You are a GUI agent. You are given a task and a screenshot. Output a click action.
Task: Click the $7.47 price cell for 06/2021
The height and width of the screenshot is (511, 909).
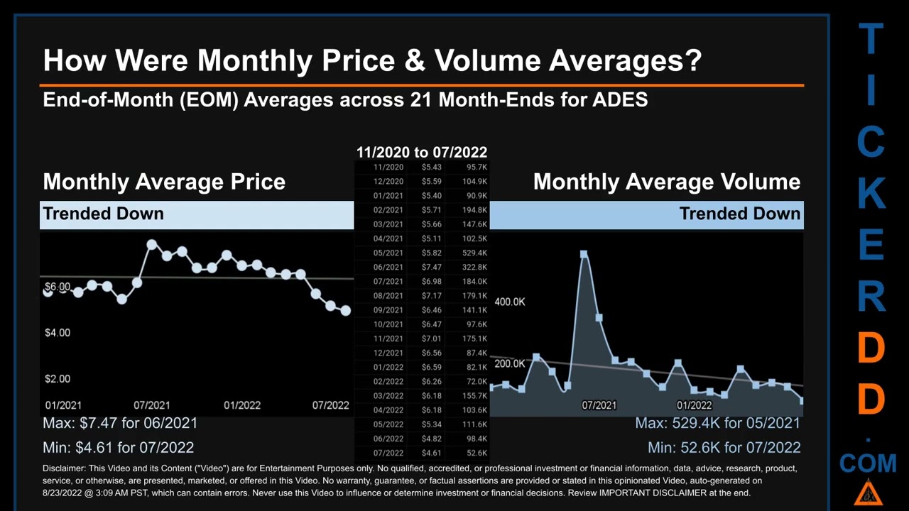pos(431,268)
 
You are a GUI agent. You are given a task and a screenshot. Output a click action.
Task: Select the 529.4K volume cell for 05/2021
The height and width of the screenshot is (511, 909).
pos(474,253)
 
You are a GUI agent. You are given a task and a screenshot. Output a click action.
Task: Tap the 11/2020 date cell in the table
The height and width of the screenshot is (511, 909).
pos(388,167)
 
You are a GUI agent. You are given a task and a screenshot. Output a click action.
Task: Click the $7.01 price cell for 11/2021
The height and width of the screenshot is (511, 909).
pos(431,339)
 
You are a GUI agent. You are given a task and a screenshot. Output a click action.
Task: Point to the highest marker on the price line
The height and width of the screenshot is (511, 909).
pos(151,245)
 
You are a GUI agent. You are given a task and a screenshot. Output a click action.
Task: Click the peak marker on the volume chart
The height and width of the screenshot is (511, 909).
pos(584,254)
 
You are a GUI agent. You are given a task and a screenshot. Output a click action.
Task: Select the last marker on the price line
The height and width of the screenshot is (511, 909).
pos(345,311)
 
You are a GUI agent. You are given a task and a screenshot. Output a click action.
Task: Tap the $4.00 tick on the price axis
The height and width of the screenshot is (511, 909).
pos(58,333)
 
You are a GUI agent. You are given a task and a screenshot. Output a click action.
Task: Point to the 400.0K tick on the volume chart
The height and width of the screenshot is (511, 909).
pos(510,302)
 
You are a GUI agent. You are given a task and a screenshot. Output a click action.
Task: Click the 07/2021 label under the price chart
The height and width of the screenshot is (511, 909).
pos(151,405)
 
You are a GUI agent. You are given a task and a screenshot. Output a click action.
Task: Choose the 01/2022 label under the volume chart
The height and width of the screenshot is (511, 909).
pos(694,405)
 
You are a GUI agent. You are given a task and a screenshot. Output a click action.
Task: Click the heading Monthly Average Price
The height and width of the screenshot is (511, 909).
pos(164,182)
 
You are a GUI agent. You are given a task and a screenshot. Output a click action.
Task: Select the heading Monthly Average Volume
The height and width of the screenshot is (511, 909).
pos(666,182)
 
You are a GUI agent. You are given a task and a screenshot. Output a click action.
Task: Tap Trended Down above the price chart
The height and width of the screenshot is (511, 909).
pos(103,214)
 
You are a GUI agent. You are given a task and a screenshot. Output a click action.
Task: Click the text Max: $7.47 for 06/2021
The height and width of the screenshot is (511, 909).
pos(120,423)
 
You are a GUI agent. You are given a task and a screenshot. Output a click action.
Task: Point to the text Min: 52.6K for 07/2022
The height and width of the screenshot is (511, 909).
pos(724,448)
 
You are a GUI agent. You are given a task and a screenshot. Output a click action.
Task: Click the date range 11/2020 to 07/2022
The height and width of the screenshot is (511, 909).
pos(421,152)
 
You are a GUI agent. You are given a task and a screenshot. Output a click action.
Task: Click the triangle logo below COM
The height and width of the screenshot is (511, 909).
pos(868,493)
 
